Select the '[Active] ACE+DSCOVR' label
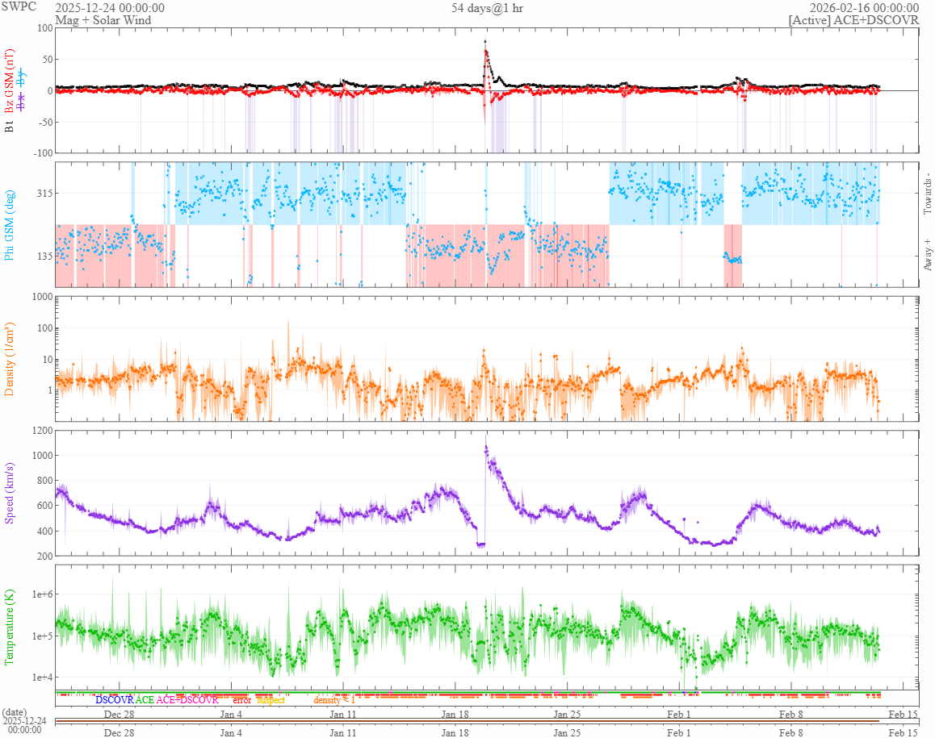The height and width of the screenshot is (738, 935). [x=853, y=20]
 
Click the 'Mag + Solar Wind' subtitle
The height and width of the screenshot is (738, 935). [x=100, y=20]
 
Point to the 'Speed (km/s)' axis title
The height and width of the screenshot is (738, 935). [x=10, y=493]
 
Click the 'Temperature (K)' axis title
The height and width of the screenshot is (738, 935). [x=10, y=627]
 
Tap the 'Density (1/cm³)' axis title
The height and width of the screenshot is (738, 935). [x=10, y=359]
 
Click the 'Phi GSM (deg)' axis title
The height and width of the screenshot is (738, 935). [x=10, y=224]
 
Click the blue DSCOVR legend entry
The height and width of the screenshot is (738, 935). [x=114, y=700]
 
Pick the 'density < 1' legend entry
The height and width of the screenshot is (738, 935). [x=334, y=700]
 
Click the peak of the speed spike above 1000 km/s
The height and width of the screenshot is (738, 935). [x=486, y=446]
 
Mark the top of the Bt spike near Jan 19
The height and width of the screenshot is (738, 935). [x=484, y=41]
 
